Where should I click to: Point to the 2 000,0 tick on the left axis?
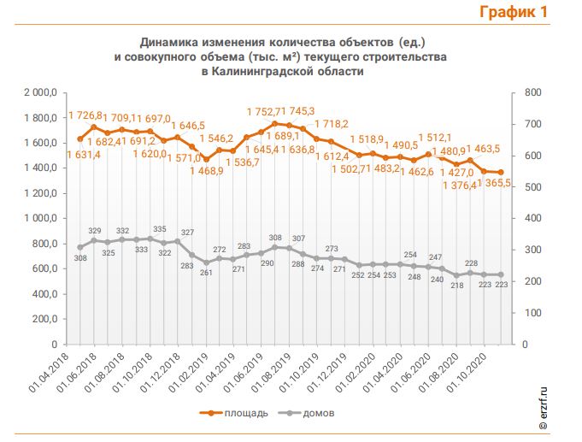[x=39, y=92]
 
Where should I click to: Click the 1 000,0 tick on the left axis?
[x=39, y=218]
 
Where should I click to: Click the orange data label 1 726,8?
[x=85, y=115]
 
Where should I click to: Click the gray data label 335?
[x=159, y=229]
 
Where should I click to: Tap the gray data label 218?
[x=457, y=285]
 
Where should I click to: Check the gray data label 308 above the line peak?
[x=275, y=238]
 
